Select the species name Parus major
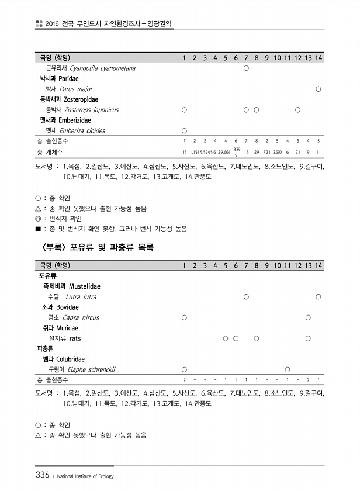[76, 89]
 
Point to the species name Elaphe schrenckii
[91, 369]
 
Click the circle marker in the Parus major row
[318, 89]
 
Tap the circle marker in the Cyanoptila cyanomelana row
[246, 68]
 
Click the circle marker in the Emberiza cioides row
[184, 131]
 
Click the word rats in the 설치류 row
[75, 338]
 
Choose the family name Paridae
[68, 78]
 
